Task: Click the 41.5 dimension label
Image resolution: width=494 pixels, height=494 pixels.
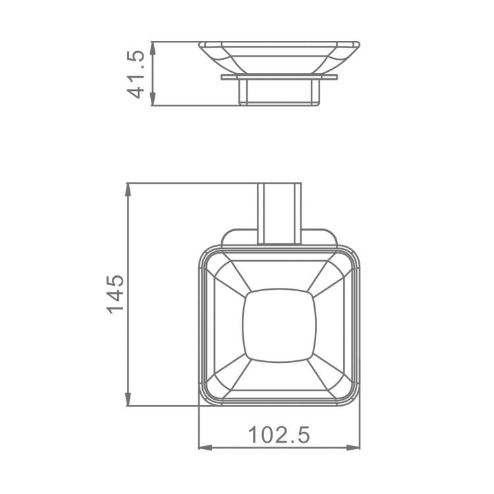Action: pos(136,74)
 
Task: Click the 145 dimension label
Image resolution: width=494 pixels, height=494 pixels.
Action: pos(115,294)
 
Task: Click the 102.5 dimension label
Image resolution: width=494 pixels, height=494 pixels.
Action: pos(279,435)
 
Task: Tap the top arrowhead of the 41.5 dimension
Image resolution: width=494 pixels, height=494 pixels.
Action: pos(153,48)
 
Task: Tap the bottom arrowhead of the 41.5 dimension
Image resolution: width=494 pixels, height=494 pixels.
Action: pos(153,99)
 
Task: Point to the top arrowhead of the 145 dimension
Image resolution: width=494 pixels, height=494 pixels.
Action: pos(128,190)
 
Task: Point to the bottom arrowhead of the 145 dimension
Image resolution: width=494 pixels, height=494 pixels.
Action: pos(128,399)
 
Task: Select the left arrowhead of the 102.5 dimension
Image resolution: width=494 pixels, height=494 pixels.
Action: pos(206,447)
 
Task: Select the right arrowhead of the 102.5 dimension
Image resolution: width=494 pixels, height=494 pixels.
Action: pos(353,447)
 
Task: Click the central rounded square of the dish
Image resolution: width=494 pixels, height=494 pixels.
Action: pos(279,325)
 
